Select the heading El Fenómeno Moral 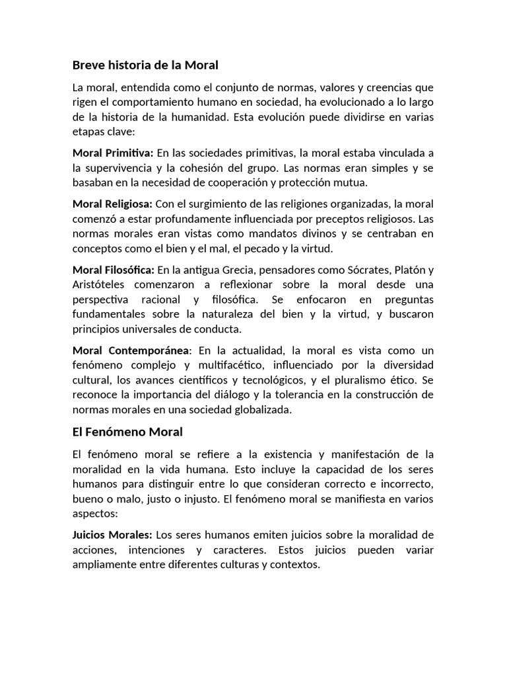point(127,432)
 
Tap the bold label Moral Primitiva point(113,153)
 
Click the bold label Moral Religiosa point(112,204)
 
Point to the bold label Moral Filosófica point(114,269)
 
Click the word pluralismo point(354,380)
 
